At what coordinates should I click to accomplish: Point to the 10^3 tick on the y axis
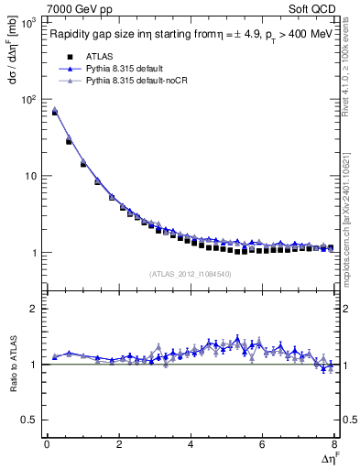tap(27, 22)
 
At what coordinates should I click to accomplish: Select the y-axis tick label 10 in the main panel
tap(29, 176)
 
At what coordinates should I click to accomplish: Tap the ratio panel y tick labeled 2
tap(32, 309)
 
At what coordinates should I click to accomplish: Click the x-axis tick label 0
tap(47, 446)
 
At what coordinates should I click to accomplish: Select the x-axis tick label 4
tap(191, 446)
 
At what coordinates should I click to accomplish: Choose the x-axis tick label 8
tap(334, 446)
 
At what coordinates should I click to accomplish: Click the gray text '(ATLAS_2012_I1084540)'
tap(190, 273)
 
